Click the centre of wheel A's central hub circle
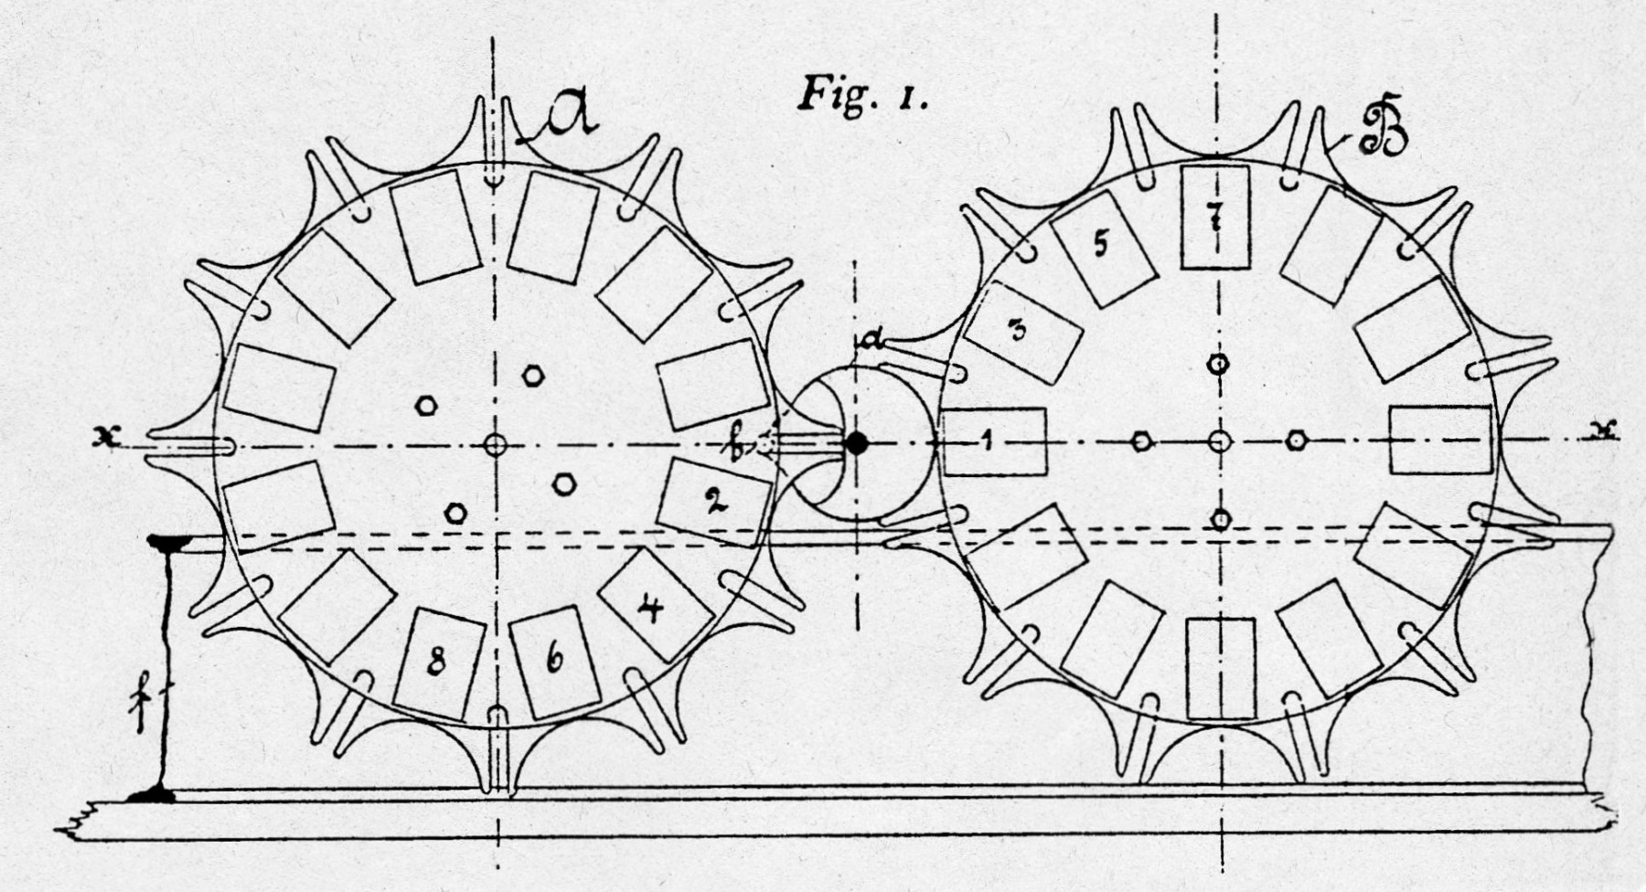click(x=495, y=445)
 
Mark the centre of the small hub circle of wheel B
click(x=1218, y=441)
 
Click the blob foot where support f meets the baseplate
click(x=152, y=794)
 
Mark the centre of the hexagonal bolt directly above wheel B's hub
click(x=1218, y=364)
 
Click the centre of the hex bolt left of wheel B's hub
click(x=1141, y=441)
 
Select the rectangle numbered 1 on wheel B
click(x=994, y=441)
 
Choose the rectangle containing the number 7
click(x=1214, y=218)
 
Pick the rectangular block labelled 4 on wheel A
click(x=655, y=605)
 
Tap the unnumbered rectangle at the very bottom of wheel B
click(x=1221, y=669)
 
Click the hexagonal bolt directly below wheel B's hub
click(x=1220, y=519)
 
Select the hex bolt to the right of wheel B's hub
click(x=1295, y=441)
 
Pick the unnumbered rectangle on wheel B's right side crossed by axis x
click(x=1440, y=441)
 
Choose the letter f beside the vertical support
click(x=142, y=702)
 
